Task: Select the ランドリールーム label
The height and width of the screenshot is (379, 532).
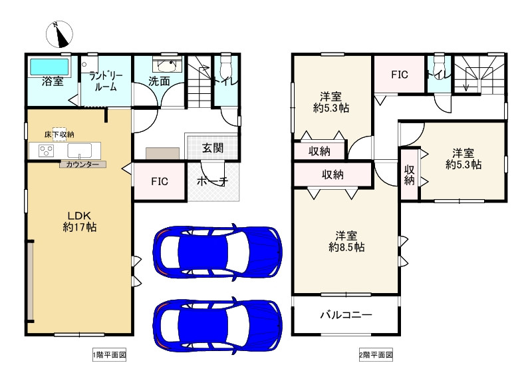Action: click(104, 81)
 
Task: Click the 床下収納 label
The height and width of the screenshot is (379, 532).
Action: click(59, 135)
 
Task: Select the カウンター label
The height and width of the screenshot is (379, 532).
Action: click(82, 164)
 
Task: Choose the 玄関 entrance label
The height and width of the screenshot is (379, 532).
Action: click(213, 148)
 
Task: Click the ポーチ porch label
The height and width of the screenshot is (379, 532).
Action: click(213, 181)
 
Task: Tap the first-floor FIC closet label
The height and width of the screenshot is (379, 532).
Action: click(159, 181)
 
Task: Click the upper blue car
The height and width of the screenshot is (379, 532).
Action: click(217, 252)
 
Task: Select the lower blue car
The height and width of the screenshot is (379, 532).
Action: click(217, 323)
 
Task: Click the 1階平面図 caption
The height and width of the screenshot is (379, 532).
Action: click(108, 355)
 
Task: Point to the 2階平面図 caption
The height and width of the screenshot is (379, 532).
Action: click(376, 355)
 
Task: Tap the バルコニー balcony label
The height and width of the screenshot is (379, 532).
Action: click(346, 315)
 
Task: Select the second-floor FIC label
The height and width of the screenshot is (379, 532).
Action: click(399, 75)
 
